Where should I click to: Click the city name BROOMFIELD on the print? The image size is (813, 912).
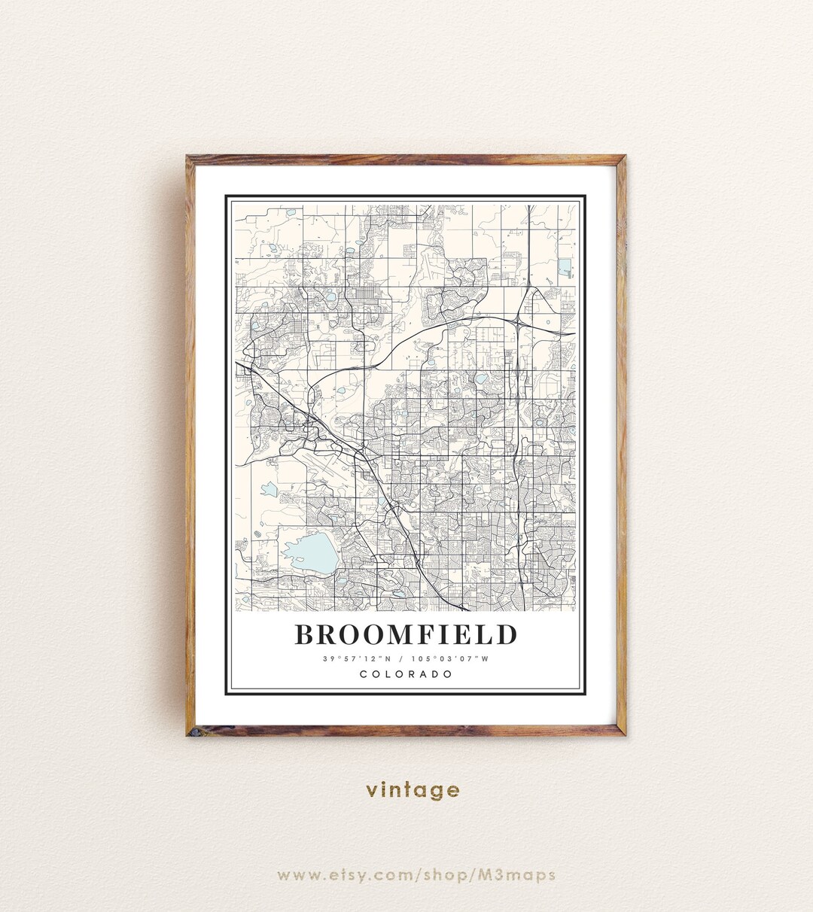[x=406, y=635]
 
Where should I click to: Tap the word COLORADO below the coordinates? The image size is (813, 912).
[x=406, y=674]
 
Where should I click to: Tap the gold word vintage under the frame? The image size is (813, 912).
[x=413, y=790]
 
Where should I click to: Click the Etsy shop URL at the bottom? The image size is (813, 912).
[x=416, y=875]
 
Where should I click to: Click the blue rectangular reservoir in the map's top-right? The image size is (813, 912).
[x=565, y=267]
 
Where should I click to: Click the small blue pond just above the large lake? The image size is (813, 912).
[x=269, y=490]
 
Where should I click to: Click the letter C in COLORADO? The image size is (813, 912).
[x=364, y=674]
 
